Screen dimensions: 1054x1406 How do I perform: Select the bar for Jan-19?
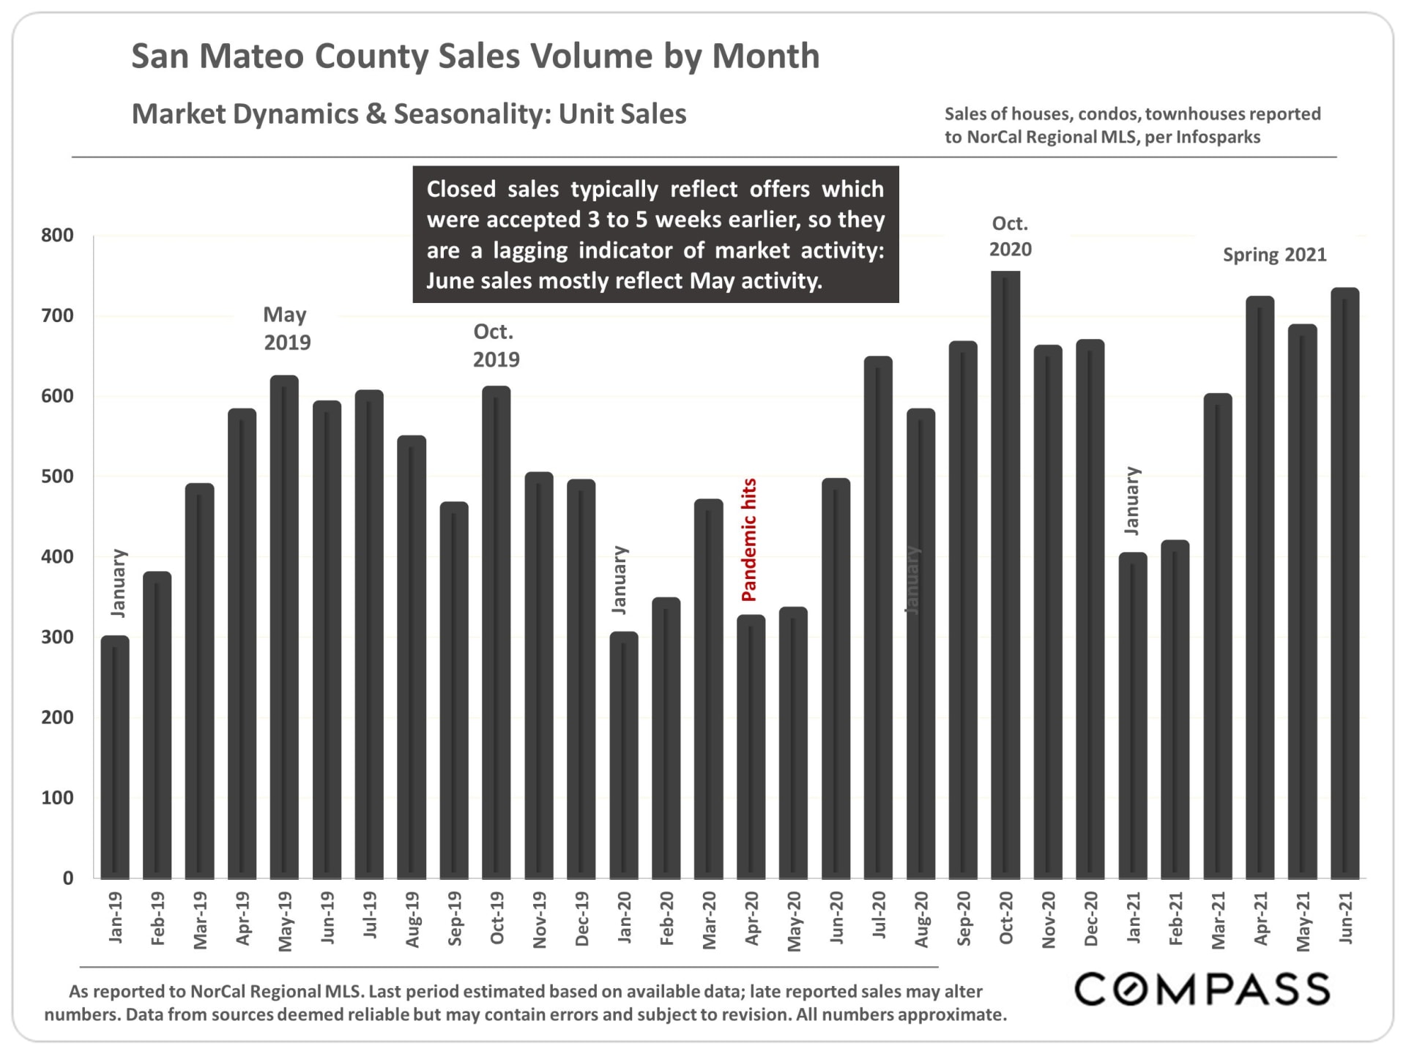[115, 757]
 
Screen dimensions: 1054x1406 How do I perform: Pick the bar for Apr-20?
[751, 747]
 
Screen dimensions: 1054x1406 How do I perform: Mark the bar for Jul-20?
[878, 618]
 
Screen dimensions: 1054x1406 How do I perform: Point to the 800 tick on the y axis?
[57, 236]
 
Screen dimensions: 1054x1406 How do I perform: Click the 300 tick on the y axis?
[57, 638]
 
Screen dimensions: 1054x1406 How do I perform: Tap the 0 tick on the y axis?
[67, 878]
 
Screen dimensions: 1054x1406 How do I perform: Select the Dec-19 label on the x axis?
[582, 919]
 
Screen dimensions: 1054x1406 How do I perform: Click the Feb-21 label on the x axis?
[1175, 919]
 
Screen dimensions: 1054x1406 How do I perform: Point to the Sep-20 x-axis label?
[964, 919]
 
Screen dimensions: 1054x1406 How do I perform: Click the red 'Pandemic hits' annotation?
[749, 540]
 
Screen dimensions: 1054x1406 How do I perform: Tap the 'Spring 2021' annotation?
[1274, 255]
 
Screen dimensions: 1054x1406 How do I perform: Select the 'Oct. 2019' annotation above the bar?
[496, 345]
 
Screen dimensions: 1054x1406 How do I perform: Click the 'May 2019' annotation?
[286, 329]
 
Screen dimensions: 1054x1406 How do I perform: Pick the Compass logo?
[1202, 990]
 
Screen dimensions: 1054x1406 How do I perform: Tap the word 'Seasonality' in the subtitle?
[472, 114]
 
